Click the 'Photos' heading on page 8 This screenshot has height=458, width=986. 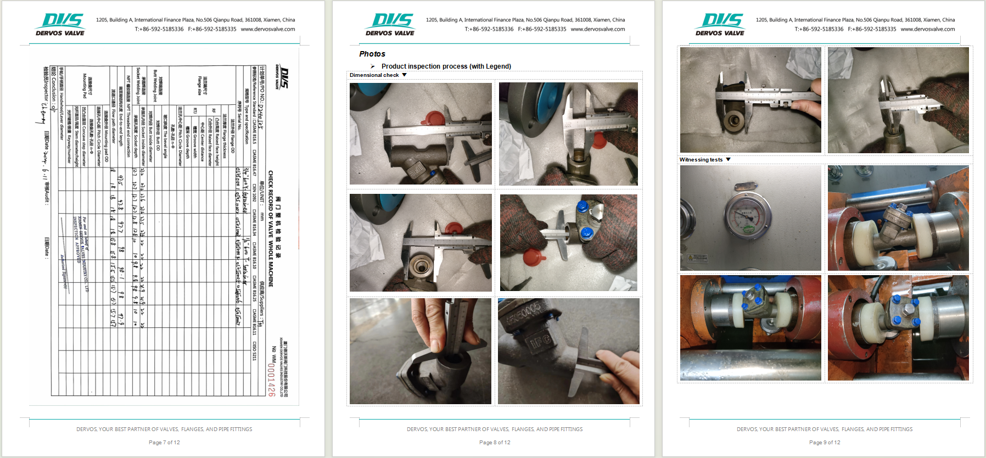372,54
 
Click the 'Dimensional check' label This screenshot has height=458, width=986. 374,75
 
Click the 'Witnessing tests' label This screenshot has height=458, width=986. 701,160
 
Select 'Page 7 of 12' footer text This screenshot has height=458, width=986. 164,443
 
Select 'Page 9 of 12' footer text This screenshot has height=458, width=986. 825,443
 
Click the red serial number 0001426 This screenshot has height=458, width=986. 271,379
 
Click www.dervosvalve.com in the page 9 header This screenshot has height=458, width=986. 928,29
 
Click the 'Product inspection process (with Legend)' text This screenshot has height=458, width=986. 446,66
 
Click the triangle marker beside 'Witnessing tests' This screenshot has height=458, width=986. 729,160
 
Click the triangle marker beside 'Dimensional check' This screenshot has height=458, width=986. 405,75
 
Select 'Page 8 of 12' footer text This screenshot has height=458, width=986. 495,443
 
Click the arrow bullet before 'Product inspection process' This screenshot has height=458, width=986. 372,66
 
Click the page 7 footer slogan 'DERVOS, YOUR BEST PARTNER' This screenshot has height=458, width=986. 164,429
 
